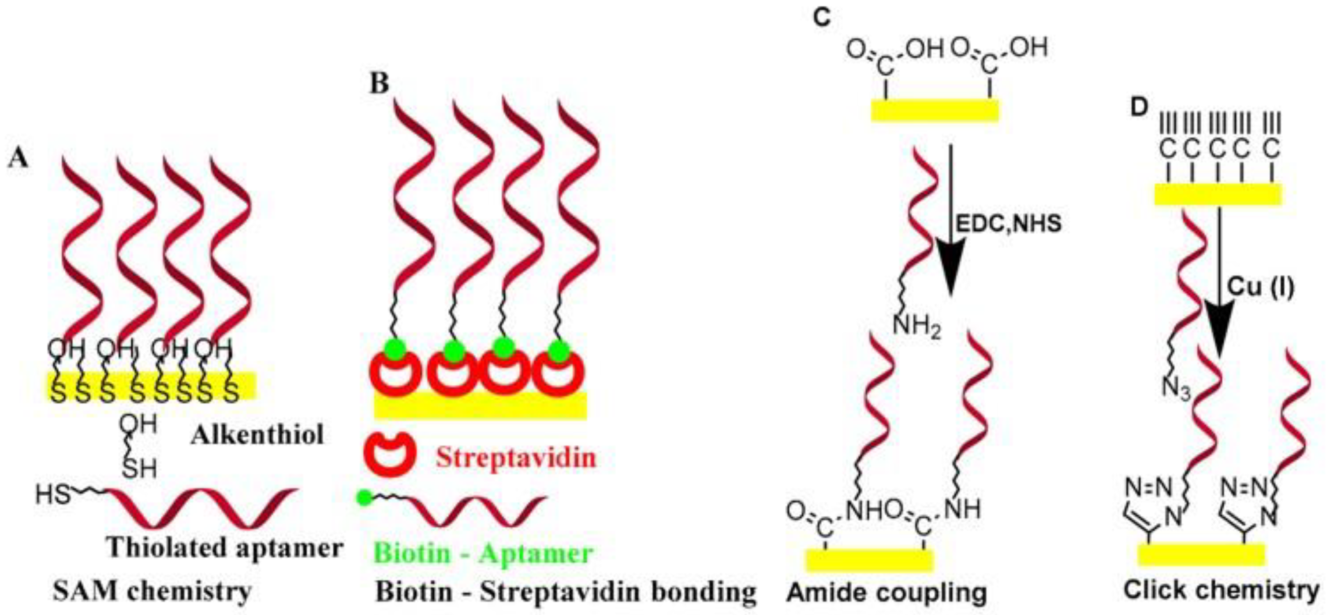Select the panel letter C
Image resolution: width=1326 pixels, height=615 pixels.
822,18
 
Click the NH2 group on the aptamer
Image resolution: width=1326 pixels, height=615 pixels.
917,327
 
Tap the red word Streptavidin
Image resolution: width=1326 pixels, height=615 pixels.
515,457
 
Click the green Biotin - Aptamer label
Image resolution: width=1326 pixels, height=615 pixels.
483,553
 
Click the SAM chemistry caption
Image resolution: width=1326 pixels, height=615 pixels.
153,591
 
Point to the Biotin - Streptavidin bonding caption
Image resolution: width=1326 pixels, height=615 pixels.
566,592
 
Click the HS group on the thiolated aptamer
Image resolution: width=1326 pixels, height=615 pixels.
52,496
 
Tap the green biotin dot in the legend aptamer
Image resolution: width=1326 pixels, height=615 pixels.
364,498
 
